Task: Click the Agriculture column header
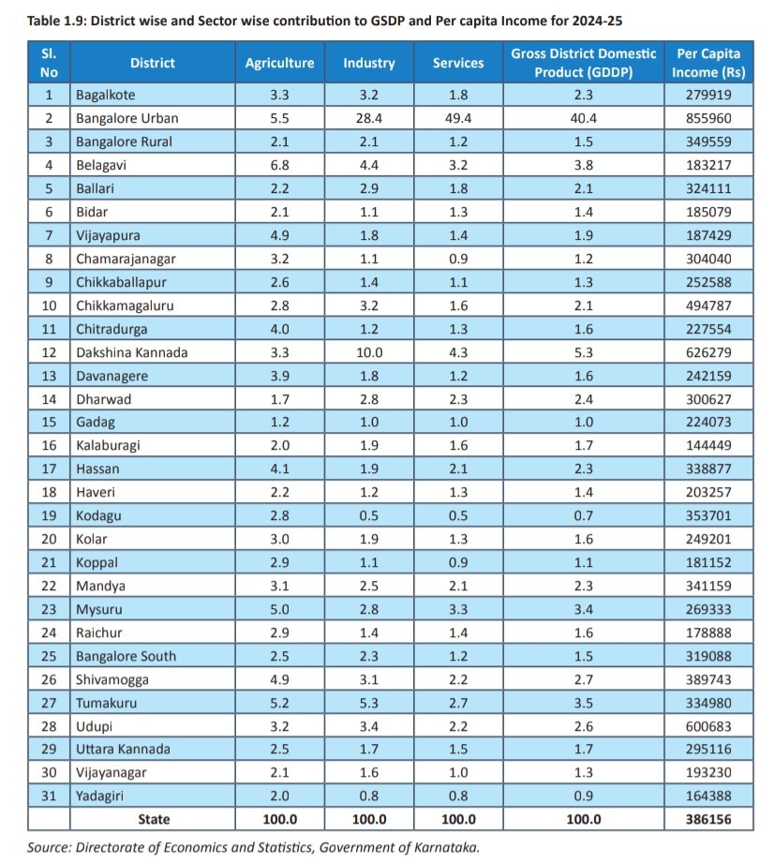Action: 279,64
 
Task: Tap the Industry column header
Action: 368,64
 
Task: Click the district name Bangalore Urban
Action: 128,118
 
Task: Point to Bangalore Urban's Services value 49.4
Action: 458,118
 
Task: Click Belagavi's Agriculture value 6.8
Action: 279,165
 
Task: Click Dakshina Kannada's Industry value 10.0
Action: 368,352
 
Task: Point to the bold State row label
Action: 154,819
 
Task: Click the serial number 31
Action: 50,796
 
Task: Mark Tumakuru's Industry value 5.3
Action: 368,702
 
